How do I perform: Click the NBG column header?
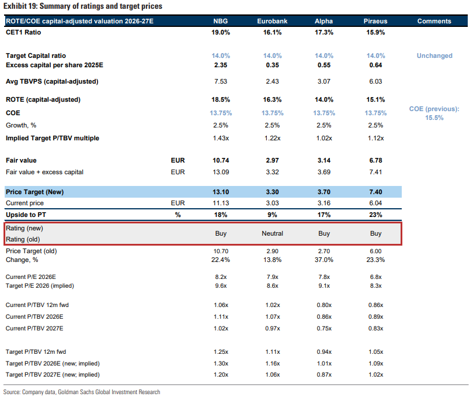(x=221, y=21)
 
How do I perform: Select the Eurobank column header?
(x=272, y=21)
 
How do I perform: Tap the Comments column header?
(x=434, y=21)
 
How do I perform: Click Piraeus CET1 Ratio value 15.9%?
(x=376, y=33)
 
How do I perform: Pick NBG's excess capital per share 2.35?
(x=221, y=65)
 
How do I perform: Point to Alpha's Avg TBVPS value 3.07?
(x=324, y=81)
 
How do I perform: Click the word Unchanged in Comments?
(x=434, y=56)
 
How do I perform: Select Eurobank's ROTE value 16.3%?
(x=272, y=99)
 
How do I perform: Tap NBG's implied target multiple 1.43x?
(x=221, y=138)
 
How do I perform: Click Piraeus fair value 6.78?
(x=376, y=160)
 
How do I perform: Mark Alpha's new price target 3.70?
(x=324, y=192)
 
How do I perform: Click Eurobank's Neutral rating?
(x=272, y=233)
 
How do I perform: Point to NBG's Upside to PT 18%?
(x=221, y=215)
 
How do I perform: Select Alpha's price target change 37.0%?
(x=324, y=260)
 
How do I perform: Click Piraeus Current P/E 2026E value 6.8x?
(x=376, y=277)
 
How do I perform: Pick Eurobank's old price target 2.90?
(x=272, y=251)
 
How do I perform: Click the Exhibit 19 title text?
(x=83, y=6)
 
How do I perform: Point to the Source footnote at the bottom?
(x=82, y=392)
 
